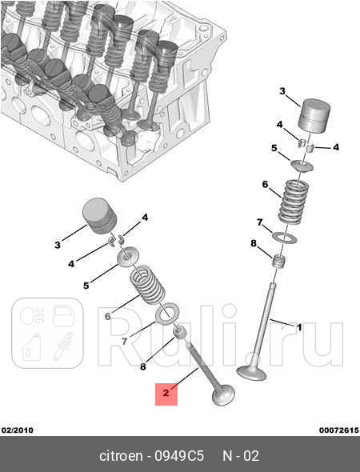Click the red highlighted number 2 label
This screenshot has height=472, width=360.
pyautogui.click(x=166, y=393)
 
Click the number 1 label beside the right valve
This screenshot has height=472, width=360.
pyautogui.click(x=299, y=326)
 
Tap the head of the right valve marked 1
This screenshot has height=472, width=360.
pyautogui.click(x=252, y=372)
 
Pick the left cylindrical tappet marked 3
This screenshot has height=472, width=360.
pyautogui.click(x=100, y=215)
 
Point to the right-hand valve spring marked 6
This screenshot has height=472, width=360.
pyautogui.click(x=292, y=202)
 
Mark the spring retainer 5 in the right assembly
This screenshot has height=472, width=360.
pyautogui.click(x=302, y=166)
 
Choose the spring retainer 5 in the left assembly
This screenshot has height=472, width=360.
pyautogui.click(x=126, y=258)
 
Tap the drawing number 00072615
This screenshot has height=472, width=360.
pyautogui.click(x=338, y=430)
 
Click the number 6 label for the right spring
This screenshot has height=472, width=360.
pyautogui.click(x=265, y=185)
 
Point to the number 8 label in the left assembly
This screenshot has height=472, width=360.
pyautogui.click(x=143, y=367)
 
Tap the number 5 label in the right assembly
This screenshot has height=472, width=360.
pyautogui.click(x=274, y=148)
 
